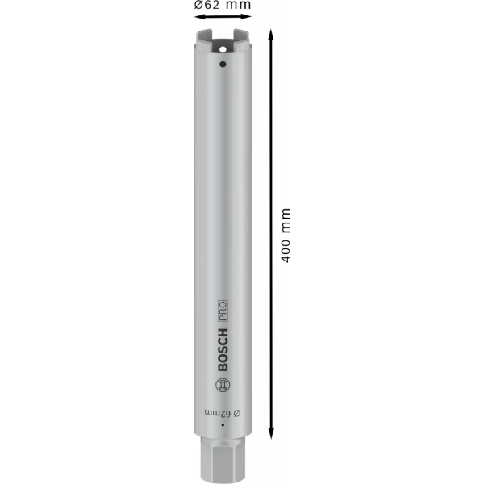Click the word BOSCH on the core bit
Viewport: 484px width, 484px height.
click(x=223, y=349)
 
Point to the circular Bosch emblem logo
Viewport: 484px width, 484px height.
click(x=223, y=385)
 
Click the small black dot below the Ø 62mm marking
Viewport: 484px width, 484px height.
click(x=222, y=438)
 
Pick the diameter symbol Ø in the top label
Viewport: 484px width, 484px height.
click(x=198, y=5)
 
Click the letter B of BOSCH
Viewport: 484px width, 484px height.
click(x=223, y=367)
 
